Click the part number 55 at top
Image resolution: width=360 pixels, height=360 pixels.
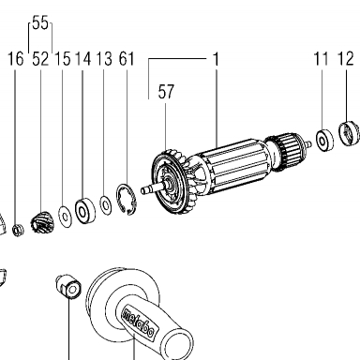(x=40, y=23)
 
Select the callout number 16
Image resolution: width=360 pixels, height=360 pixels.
(x=16, y=59)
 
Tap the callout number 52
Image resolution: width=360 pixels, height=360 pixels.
(x=40, y=59)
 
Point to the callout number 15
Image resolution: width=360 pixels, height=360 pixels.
(x=63, y=59)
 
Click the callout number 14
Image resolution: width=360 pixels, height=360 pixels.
(x=83, y=59)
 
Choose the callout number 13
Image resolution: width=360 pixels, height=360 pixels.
(x=104, y=59)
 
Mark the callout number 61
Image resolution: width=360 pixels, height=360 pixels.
(x=127, y=59)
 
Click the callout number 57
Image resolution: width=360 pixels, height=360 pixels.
(x=166, y=92)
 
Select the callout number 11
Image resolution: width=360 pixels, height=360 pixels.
(x=322, y=59)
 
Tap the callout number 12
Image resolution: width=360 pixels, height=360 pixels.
(x=346, y=59)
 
